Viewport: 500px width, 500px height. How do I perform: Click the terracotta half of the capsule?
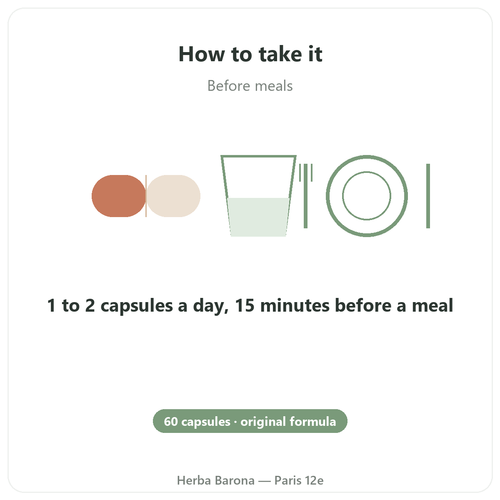(x=119, y=196)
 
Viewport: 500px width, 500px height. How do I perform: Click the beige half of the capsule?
(x=173, y=196)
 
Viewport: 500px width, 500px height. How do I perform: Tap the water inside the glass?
(x=258, y=217)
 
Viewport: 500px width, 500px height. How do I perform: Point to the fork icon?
(x=306, y=196)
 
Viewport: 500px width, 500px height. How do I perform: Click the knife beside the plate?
(x=428, y=196)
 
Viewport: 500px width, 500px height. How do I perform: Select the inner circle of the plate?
(x=367, y=172)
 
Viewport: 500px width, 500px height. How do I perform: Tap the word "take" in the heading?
(x=281, y=54)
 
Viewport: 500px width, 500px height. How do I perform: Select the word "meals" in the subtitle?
(x=274, y=86)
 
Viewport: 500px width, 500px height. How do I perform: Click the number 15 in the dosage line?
(x=245, y=305)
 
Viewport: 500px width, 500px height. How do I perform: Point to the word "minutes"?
(x=295, y=305)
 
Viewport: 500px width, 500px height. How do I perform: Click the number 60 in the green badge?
(x=171, y=421)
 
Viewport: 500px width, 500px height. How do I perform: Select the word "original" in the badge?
(x=263, y=422)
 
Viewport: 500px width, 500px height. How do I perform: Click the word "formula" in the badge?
(x=313, y=421)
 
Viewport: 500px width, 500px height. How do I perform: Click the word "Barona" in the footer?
(x=235, y=480)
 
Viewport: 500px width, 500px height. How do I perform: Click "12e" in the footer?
(x=314, y=480)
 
